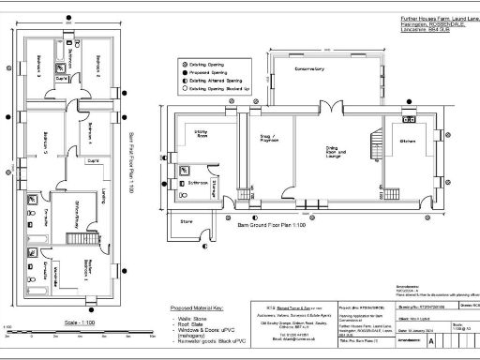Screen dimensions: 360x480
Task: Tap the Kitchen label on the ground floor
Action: point(408,140)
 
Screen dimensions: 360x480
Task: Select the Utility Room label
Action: point(201,136)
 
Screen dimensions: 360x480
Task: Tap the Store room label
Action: point(186,222)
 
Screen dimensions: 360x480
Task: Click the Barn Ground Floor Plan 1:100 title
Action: point(272,227)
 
